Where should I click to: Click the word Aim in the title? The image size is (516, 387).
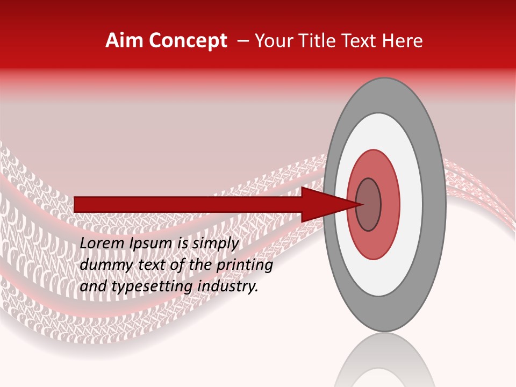click(x=124, y=41)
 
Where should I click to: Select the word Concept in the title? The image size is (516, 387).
click(x=188, y=41)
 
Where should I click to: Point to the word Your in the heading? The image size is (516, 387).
click(x=275, y=41)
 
